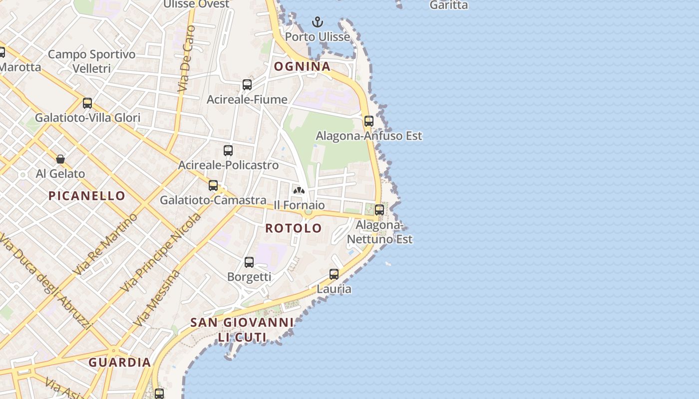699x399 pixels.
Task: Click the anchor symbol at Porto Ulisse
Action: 317,22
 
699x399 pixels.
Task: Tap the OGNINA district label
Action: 302,66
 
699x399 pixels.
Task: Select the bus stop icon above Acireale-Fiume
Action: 247,85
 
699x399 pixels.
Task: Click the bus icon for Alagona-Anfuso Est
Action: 369,121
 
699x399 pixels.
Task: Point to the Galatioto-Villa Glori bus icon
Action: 87,103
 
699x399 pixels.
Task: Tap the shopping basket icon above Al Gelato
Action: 60,159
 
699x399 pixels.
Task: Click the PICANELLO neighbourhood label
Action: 87,196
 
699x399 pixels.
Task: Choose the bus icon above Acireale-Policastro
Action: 228,150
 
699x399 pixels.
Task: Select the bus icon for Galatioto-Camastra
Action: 213,186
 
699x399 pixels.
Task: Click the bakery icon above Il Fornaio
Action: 299,191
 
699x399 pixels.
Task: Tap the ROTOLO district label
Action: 294,228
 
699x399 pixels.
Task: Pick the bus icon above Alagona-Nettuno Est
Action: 379,210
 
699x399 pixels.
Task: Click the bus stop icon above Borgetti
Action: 249,262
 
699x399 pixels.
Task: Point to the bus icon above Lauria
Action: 334,274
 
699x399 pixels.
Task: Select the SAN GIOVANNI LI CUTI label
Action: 242,330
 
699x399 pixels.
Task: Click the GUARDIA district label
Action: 120,363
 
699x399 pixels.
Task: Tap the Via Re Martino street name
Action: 105,244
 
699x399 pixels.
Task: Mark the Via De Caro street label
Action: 185,59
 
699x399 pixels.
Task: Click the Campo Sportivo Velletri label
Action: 92,61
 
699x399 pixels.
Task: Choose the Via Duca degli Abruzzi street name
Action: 46,281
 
